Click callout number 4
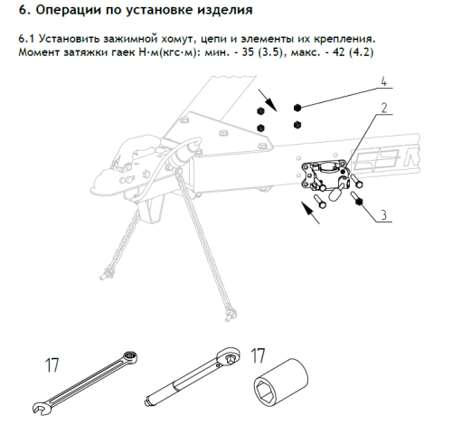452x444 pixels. (383, 81)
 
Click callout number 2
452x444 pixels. (384, 108)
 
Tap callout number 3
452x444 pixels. (383, 215)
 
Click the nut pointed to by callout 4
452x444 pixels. (297, 108)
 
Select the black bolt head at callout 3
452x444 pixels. (359, 202)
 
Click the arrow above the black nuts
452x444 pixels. (268, 100)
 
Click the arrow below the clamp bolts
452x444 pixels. (310, 213)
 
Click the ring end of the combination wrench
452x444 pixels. (131, 357)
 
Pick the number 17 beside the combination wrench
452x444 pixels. (52, 365)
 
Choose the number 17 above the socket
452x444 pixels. (258, 355)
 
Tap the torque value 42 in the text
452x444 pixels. (339, 52)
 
